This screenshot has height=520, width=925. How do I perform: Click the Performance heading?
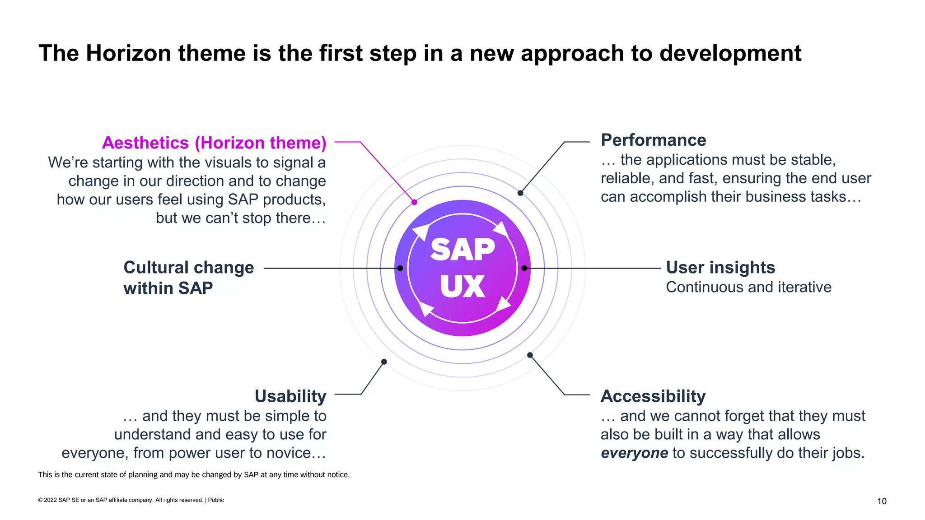click(653, 140)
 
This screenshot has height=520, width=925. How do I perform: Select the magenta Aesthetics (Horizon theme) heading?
click(214, 143)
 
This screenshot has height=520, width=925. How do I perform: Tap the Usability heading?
click(290, 396)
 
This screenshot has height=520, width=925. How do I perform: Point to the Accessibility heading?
click(653, 396)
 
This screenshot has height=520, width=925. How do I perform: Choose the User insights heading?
click(720, 268)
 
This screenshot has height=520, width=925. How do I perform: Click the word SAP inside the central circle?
click(462, 250)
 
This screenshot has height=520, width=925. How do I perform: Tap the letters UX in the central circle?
click(462, 287)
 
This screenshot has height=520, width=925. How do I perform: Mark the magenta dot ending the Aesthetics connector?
click(414, 202)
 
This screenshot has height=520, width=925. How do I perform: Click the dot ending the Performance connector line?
click(520, 193)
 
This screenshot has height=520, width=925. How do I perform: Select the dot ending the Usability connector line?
click(384, 362)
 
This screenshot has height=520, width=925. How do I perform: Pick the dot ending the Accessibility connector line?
click(530, 355)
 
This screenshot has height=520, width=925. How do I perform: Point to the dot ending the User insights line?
click(524, 268)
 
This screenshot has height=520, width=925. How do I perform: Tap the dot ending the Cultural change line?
click(400, 268)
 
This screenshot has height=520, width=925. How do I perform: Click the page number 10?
click(882, 501)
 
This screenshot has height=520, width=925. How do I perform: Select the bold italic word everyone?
click(634, 453)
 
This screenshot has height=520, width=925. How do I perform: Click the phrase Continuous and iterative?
click(748, 287)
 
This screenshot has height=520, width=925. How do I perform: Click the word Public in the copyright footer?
click(216, 500)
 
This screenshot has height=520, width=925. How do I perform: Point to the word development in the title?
click(730, 53)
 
